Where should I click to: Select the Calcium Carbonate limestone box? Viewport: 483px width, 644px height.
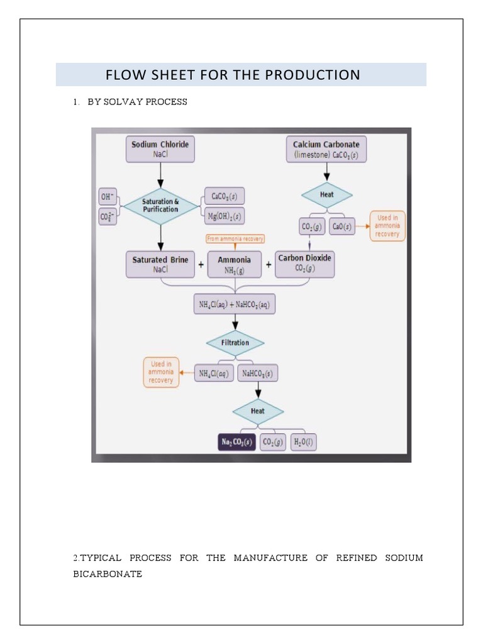click(326, 148)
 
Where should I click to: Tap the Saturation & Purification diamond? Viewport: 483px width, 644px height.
click(160, 205)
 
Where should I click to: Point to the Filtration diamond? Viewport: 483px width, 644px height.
click(235, 343)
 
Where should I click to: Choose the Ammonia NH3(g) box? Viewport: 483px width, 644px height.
click(234, 264)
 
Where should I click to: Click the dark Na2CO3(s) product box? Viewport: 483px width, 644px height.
click(236, 443)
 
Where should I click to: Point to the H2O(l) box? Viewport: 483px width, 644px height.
click(304, 443)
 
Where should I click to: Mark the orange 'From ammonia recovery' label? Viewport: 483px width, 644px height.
click(235, 238)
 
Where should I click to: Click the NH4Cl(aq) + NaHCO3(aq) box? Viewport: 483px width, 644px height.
click(234, 305)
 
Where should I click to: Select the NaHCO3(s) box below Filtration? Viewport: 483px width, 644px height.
click(258, 374)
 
